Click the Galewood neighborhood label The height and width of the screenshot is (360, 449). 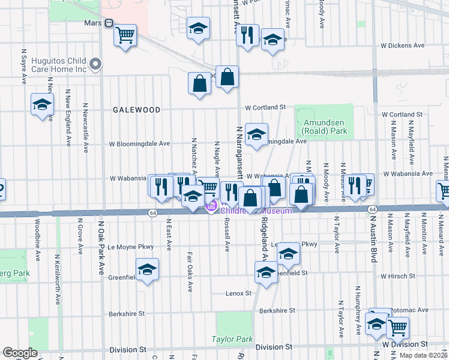tap(136, 110)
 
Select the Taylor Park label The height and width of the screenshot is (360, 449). tap(232, 339)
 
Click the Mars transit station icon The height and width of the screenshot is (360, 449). tap(109, 23)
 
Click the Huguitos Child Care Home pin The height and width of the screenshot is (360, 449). tap(95, 64)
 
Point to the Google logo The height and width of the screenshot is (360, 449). tap(20, 353)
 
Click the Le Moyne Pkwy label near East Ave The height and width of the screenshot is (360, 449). tap(131, 247)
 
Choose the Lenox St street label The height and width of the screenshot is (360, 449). tap(238, 293)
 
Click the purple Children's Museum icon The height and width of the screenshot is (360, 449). tap(211, 208)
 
